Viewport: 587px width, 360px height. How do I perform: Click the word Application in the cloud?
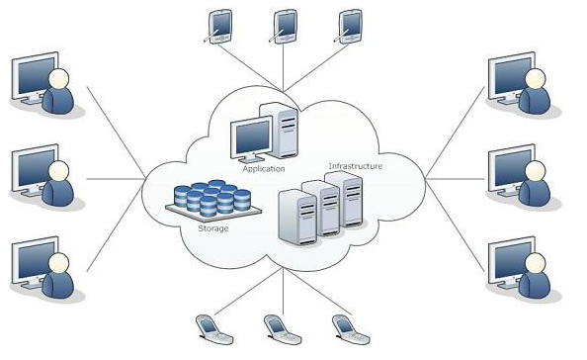click(x=264, y=169)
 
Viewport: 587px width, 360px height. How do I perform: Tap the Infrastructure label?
click(x=356, y=166)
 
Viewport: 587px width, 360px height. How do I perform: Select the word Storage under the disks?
click(x=213, y=228)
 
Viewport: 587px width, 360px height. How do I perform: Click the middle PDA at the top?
click(x=285, y=27)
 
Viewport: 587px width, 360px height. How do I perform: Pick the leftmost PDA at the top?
click(x=219, y=27)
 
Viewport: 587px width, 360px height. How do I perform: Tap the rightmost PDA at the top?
click(x=350, y=27)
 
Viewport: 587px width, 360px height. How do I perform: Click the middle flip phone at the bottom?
click(x=282, y=329)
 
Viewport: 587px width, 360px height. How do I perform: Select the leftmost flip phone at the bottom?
click(x=214, y=329)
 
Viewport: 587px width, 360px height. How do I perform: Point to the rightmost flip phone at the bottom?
click(x=351, y=329)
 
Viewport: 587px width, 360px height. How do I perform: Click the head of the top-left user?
click(x=59, y=79)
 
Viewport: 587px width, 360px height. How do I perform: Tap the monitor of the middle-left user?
click(x=34, y=170)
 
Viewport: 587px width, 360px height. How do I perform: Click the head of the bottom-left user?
click(x=59, y=263)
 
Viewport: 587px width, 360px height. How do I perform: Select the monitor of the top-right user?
click(x=511, y=78)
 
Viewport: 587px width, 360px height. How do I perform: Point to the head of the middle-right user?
click(x=536, y=171)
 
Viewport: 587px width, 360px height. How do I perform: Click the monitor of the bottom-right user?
click(x=511, y=262)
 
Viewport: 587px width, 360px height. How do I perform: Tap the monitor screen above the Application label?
click(x=253, y=136)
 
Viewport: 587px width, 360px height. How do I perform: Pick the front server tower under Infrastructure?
click(x=298, y=218)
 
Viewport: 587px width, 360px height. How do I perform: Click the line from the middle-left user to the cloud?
click(x=116, y=179)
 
